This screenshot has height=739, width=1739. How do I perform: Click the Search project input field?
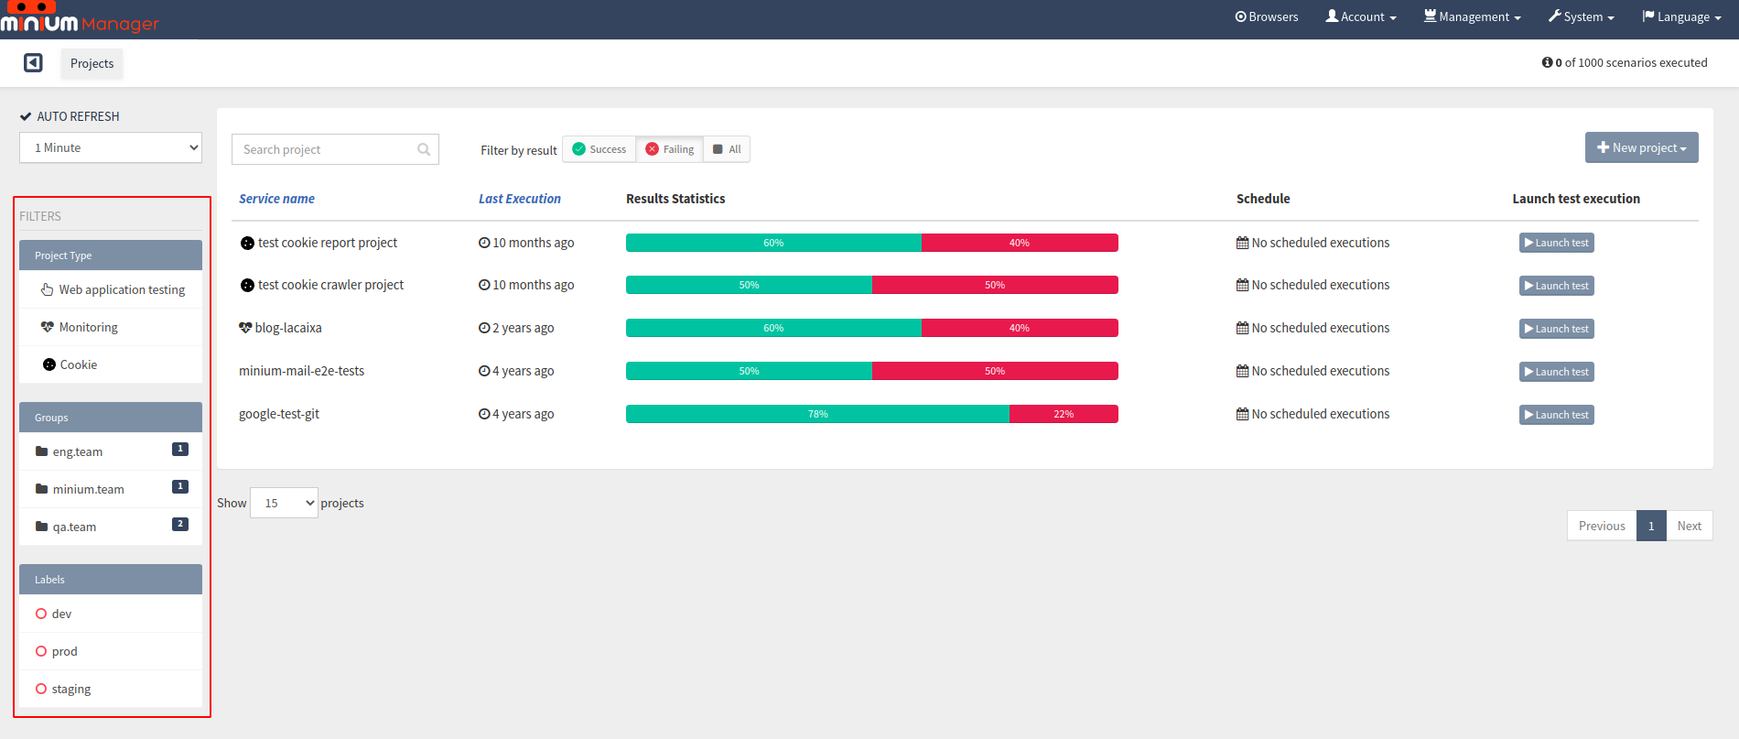pyautogui.click(x=335, y=149)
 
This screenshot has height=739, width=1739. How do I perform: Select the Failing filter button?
pyautogui.click(x=670, y=149)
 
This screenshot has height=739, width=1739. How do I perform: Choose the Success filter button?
pyautogui.click(x=599, y=149)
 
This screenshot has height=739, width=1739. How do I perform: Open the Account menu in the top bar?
pyautogui.click(x=1361, y=17)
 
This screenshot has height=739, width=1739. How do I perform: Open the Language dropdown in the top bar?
pyautogui.click(x=1682, y=17)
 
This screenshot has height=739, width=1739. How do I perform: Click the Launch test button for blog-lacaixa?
pyautogui.click(x=1556, y=329)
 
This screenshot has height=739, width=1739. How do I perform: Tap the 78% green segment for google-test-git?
pyautogui.click(x=818, y=414)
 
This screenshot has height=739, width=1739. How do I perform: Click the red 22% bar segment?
pyautogui.click(x=1064, y=414)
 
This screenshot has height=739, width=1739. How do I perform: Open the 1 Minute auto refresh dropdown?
pyautogui.click(x=111, y=147)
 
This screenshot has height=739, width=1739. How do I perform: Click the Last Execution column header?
pyautogui.click(x=520, y=199)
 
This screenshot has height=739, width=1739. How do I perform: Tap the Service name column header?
pyautogui.click(x=276, y=199)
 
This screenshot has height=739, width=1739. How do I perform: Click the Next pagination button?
pyautogui.click(x=1689, y=526)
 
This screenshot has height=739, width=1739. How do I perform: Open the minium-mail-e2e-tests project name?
pyautogui.click(x=301, y=371)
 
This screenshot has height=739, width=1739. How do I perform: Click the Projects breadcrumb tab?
pyautogui.click(x=92, y=63)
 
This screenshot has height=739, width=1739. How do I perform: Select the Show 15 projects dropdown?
pyautogui.click(x=284, y=503)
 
